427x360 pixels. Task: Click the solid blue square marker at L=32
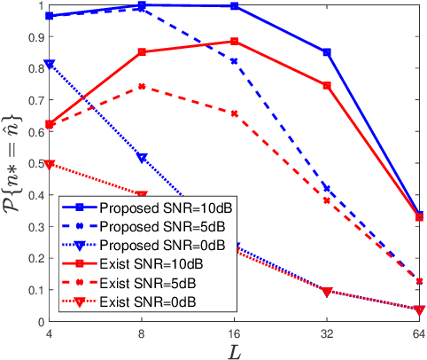click(x=327, y=52)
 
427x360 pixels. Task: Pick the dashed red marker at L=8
click(x=142, y=87)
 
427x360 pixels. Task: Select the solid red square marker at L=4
click(x=50, y=124)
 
